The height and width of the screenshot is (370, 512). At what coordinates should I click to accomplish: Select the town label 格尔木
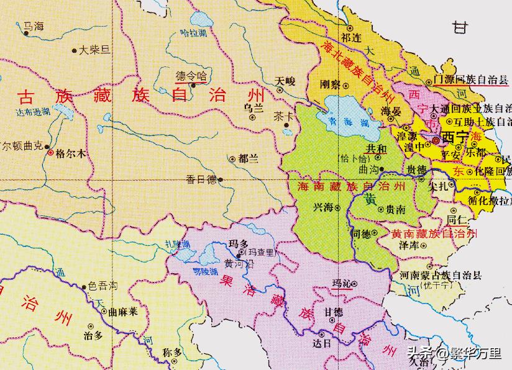point(69,151)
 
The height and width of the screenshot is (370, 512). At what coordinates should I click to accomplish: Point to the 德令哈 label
point(190,76)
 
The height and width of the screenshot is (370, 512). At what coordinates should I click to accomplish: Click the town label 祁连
point(350,38)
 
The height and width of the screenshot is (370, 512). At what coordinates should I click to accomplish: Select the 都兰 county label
point(247,158)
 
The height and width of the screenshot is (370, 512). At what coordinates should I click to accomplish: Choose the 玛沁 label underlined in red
point(341,283)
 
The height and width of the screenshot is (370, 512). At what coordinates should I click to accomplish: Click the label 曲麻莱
point(123,312)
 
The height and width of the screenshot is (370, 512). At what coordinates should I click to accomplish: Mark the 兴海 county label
point(323,207)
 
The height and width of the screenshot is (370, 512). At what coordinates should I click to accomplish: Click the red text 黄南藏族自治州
point(434,233)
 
